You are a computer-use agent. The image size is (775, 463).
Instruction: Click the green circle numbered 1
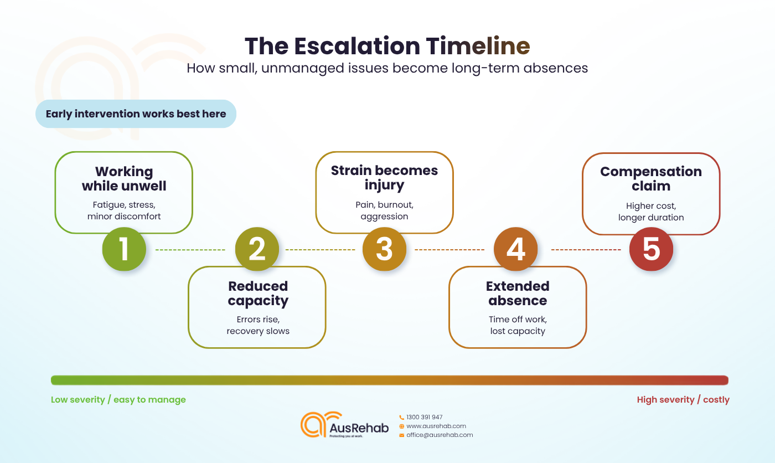click(124, 249)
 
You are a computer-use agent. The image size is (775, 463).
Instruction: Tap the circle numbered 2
click(257, 249)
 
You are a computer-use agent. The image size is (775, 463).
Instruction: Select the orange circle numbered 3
click(384, 249)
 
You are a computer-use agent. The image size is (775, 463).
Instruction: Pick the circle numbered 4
click(515, 249)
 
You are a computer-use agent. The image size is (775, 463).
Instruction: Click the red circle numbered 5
click(651, 249)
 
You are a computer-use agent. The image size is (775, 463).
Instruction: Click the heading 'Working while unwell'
click(124, 178)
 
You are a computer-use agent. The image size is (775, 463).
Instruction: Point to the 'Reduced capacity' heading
click(258, 294)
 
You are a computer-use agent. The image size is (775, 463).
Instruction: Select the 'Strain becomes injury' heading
click(384, 178)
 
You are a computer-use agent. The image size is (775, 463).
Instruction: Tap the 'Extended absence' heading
click(518, 293)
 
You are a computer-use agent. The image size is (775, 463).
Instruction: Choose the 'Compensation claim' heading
click(651, 178)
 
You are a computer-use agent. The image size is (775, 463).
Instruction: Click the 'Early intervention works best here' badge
click(136, 114)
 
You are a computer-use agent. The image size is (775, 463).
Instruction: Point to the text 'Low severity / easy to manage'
click(118, 400)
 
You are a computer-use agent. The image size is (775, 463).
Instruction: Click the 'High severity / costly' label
click(683, 400)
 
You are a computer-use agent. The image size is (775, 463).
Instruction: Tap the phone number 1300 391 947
click(424, 417)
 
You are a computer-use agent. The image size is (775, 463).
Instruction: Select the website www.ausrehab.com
click(436, 426)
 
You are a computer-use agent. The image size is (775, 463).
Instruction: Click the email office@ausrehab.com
click(440, 435)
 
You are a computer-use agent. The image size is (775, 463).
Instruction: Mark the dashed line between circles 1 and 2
click(190, 249)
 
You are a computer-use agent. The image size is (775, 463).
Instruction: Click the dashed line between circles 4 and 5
click(586, 249)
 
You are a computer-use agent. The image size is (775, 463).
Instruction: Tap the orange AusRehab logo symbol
click(321, 424)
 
